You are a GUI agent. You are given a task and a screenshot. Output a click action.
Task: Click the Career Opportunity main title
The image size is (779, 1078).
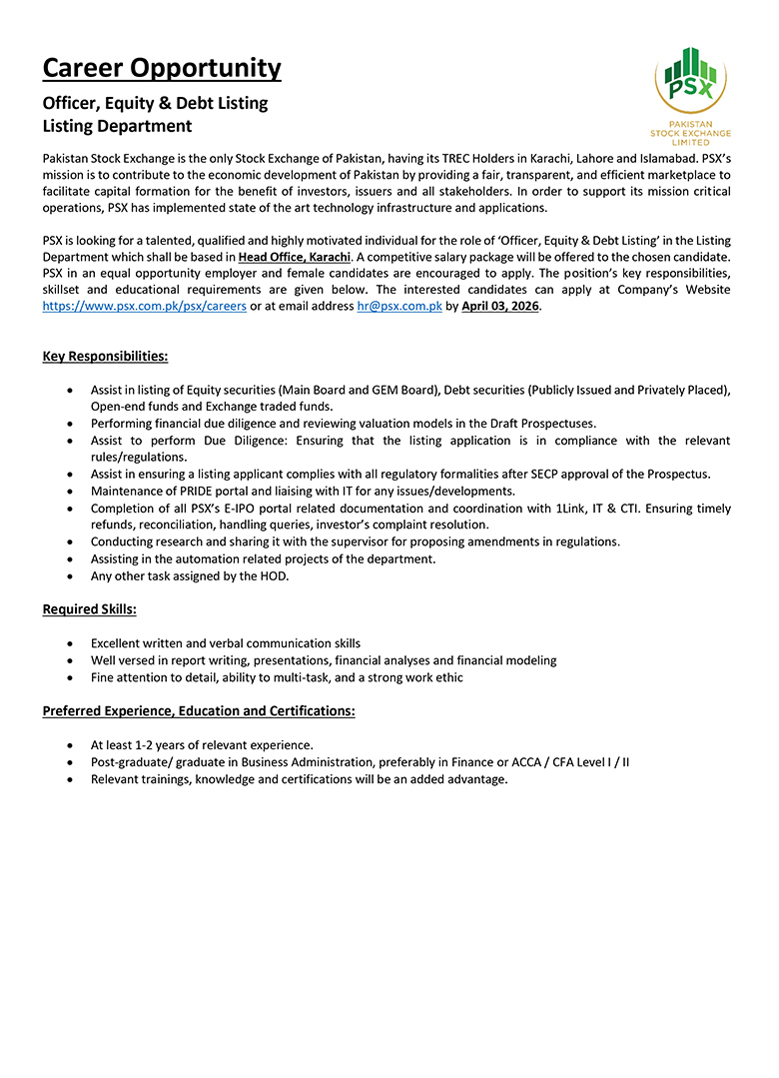[162, 69]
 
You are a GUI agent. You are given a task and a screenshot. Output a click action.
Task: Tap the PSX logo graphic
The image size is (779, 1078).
[690, 80]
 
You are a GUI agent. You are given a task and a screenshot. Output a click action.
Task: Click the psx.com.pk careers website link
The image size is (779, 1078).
[144, 307]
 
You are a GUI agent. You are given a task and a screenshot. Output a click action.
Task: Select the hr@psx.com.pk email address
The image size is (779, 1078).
[399, 307]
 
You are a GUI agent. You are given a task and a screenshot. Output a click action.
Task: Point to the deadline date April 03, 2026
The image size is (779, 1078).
[500, 307]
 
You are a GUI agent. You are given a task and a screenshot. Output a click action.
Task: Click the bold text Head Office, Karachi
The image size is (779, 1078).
[295, 258]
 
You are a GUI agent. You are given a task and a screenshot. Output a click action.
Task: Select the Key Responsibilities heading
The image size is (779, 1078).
[105, 357]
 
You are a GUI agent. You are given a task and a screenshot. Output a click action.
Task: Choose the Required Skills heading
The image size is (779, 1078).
[90, 609]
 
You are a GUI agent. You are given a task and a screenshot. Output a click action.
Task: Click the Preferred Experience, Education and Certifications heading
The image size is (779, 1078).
[199, 711]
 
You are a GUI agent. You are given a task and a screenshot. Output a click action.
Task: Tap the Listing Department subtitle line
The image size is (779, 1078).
[117, 127]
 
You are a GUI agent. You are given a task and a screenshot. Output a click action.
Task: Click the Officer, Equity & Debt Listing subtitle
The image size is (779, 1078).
[155, 103]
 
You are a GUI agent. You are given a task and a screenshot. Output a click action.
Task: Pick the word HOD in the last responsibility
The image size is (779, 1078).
[274, 575]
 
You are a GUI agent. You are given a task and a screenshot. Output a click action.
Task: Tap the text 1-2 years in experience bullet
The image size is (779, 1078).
[156, 745]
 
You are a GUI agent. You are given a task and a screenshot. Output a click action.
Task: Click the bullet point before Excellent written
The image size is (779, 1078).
[68, 644]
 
